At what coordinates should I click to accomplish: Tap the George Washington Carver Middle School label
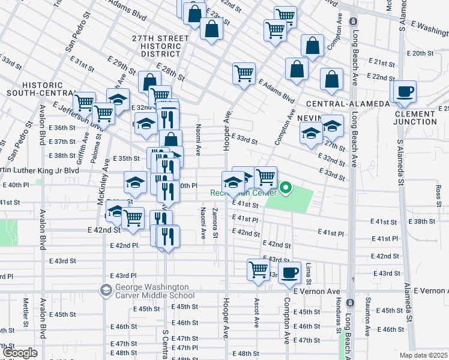[152, 291]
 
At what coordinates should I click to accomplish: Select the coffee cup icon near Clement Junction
[405, 92]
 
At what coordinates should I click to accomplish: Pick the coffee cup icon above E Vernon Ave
[291, 272]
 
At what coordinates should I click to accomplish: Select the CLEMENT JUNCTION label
[415, 118]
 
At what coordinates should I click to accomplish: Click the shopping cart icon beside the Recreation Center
[265, 177]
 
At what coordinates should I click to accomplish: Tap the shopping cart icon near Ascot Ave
[258, 269]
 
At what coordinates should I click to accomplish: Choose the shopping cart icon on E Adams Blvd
[244, 73]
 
